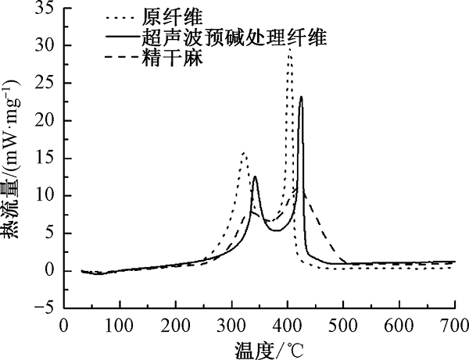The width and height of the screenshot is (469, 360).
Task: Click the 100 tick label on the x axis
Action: [x=120, y=325]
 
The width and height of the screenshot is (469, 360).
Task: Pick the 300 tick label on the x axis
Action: [x=231, y=325]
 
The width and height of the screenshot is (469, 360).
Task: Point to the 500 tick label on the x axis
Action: [x=343, y=325]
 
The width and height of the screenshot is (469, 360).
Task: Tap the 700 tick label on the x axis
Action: [x=455, y=325]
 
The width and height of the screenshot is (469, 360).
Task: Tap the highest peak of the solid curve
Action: [x=301, y=97]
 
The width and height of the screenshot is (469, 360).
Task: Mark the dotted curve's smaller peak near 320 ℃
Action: [x=244, y=153]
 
